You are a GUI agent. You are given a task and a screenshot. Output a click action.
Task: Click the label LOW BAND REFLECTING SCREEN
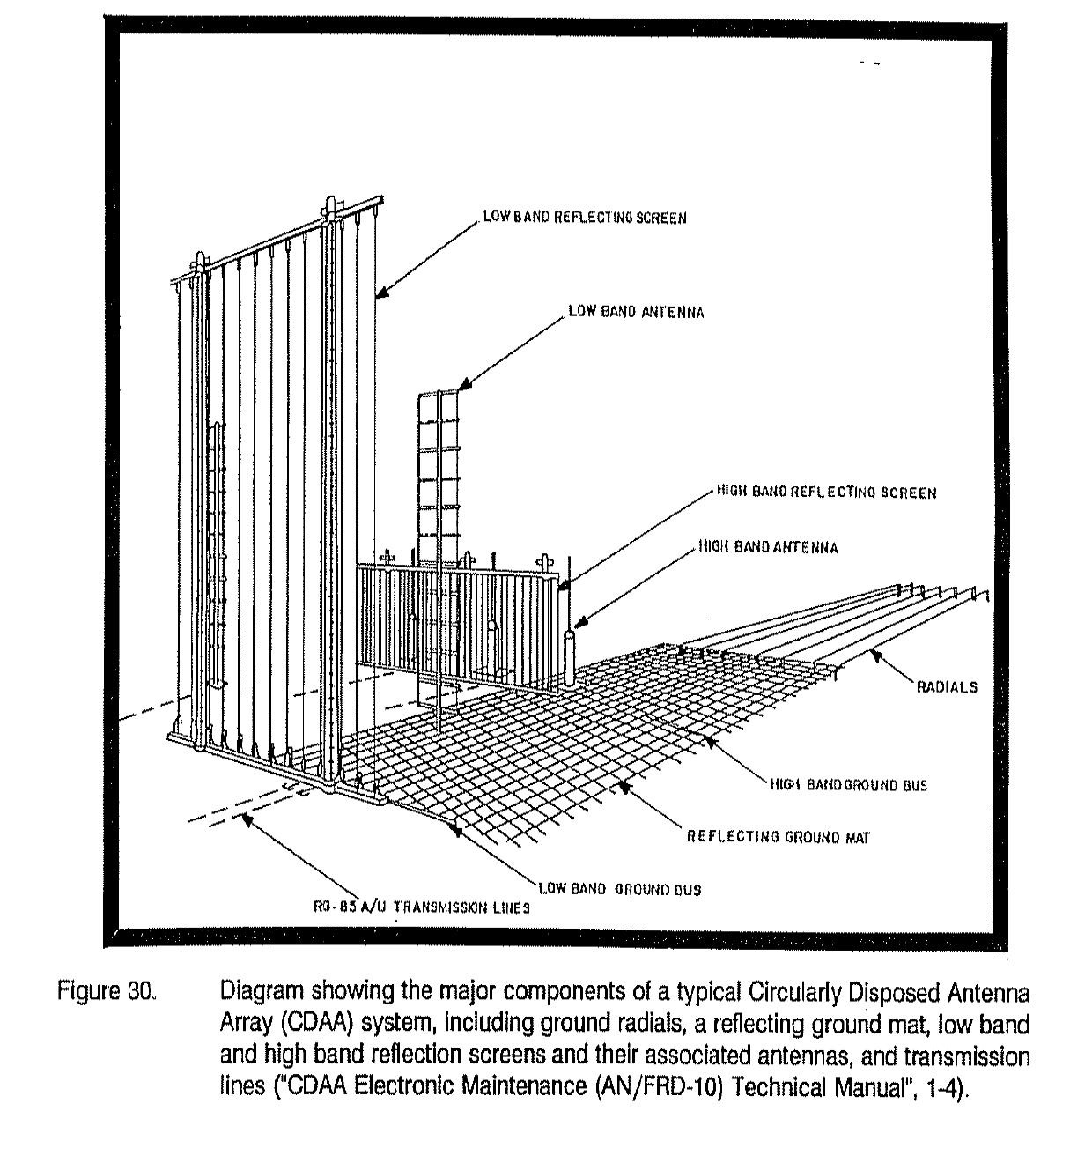point(584,218)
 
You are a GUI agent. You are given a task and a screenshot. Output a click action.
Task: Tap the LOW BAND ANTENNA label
point(635,312)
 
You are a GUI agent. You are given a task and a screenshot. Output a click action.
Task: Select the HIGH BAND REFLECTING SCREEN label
point(826,493)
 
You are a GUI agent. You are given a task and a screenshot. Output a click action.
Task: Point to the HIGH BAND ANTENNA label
point(768,547)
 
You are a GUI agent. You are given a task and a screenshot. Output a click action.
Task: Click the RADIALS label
point(947,687)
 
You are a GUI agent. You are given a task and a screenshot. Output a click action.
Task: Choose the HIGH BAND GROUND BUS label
point(848,784)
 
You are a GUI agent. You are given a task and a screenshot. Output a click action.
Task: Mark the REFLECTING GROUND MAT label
point(778,837)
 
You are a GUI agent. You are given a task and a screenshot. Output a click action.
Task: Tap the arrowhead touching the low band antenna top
point(464,385)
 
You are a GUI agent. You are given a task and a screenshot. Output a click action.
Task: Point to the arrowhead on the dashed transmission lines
point(247,820)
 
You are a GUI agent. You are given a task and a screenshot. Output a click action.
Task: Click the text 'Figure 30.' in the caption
point(107,991)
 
